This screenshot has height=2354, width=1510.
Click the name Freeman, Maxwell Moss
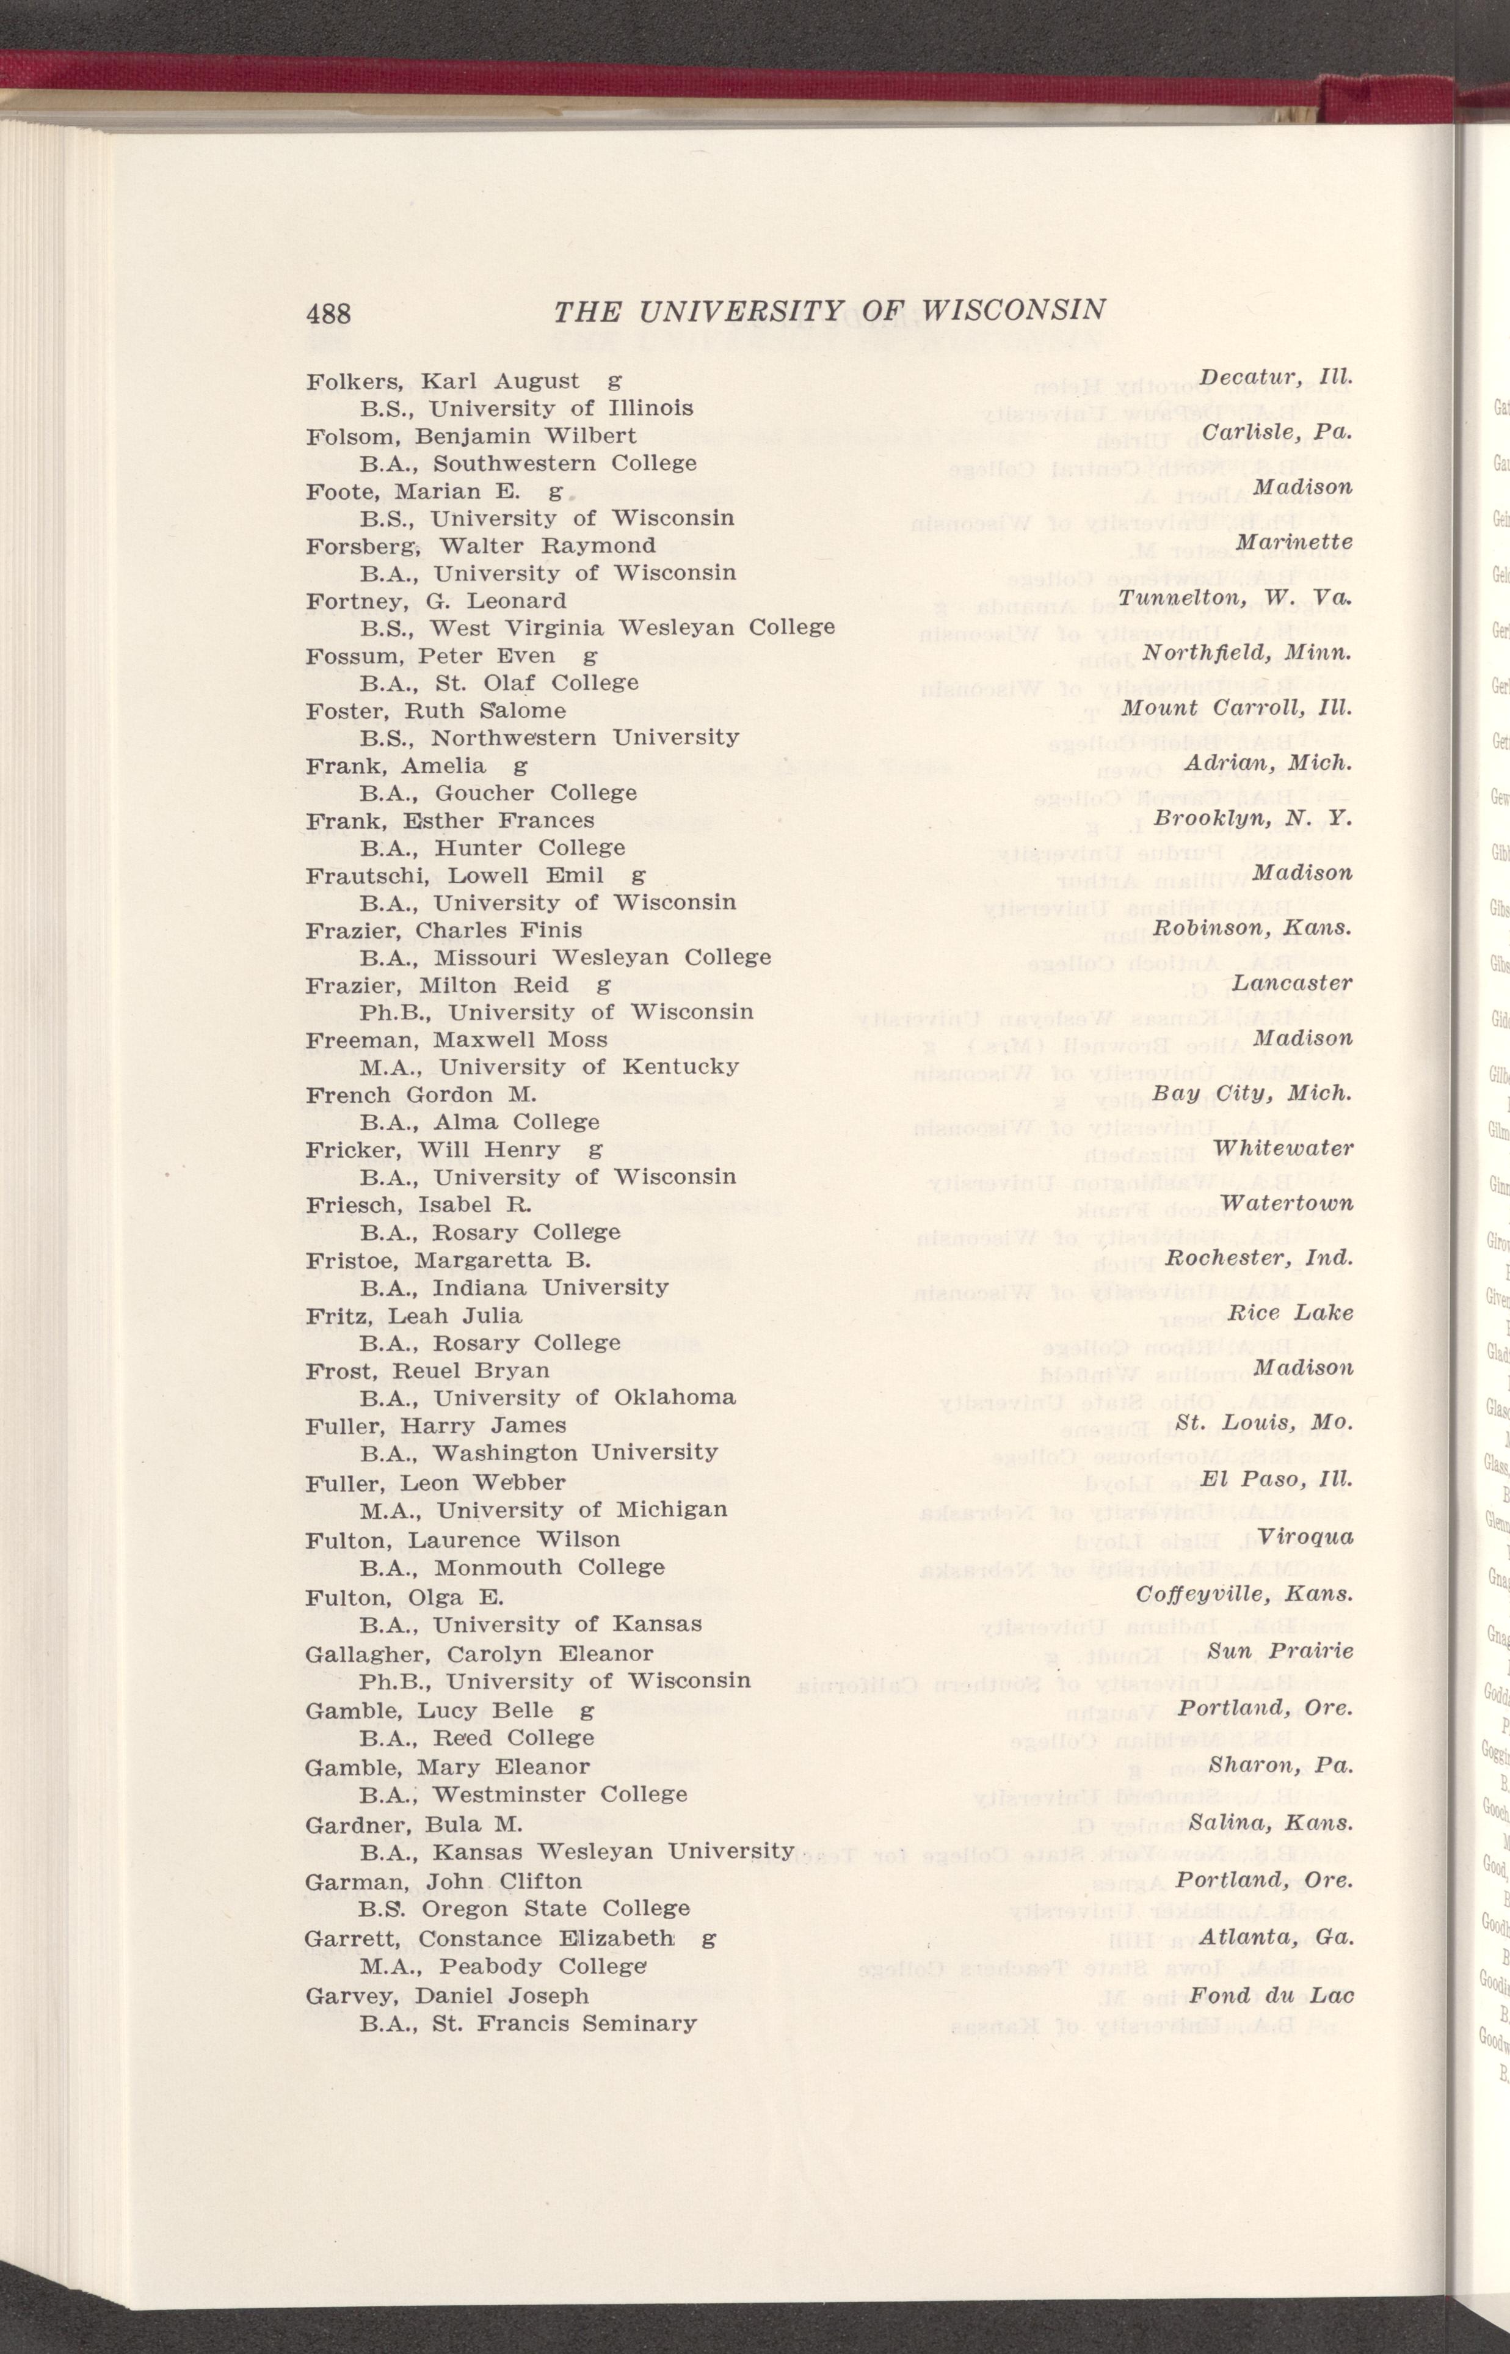[x=456, y=1040]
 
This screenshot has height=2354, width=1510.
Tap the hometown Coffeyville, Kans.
[x=1244, y=1594]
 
